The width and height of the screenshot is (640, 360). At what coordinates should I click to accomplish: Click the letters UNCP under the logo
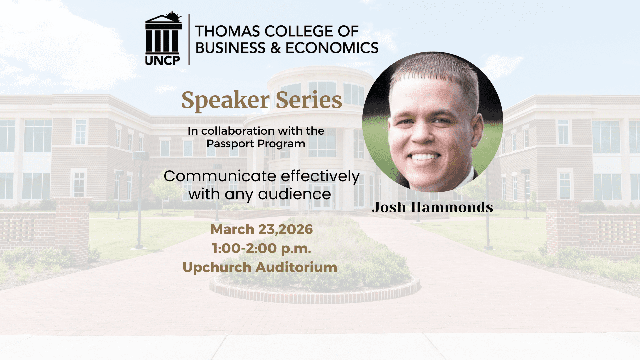coord(163,60)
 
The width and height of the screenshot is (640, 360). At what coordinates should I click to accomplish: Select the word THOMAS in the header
coord(227,31)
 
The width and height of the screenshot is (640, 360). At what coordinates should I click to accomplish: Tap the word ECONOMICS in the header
coord(332,48)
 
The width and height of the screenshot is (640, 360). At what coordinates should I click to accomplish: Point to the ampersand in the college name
coord(275,48)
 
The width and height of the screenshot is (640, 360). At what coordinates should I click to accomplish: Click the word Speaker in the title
coord(225,100)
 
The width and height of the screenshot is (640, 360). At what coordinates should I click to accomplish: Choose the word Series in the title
coord(309,100)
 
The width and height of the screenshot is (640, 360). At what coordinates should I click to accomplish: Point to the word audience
coord(294,194)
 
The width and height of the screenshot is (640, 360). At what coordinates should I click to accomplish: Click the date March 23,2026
coord(262,229)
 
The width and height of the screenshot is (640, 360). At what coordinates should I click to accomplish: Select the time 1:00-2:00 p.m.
coord(261,248)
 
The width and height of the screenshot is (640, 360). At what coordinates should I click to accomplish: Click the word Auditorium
coord(296,267)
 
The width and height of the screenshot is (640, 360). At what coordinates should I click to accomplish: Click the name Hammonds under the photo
coord(452,207)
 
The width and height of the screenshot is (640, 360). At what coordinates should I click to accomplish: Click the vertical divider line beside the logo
coord(189,39)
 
